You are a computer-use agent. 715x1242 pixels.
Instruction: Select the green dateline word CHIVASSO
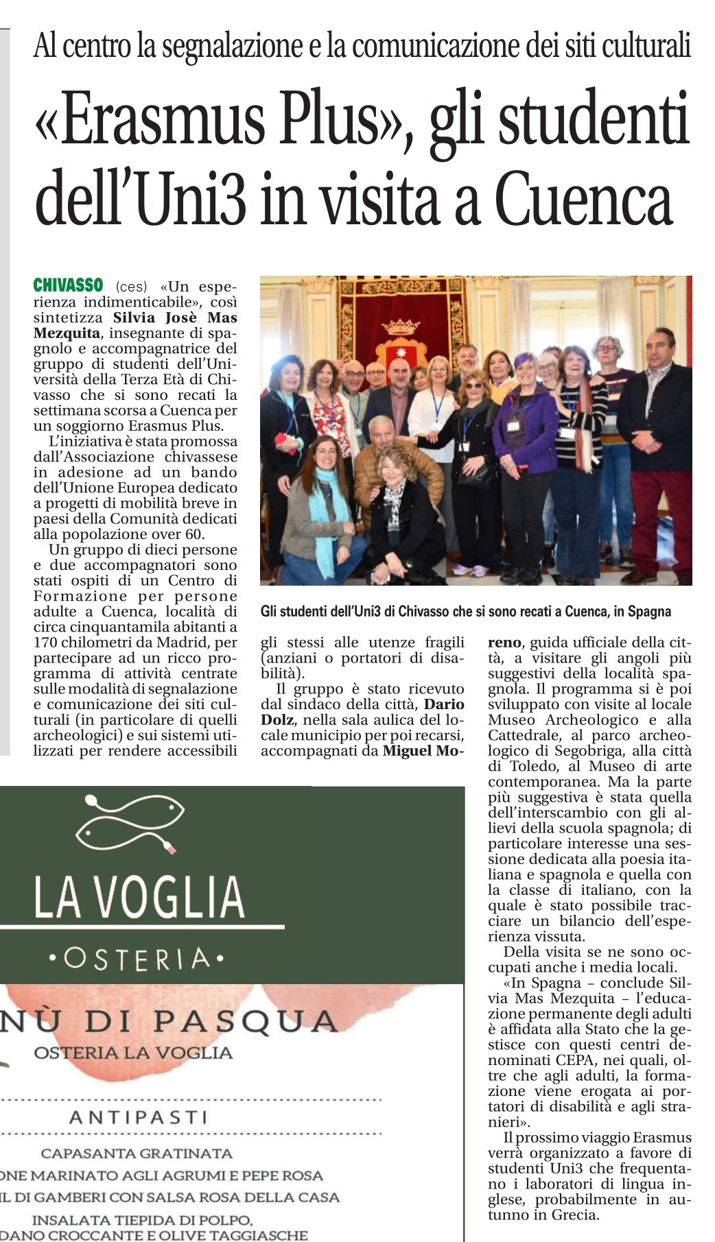click(x=68, y=285)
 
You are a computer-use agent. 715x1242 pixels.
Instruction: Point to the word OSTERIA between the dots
click(x=137, y=959)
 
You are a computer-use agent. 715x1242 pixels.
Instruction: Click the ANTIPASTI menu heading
click(x=138, y=1117)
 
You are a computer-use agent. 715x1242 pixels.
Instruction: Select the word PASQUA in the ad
click(x=245, y=1022)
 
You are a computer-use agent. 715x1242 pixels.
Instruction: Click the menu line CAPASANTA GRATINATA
click(x=137, y=1154)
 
